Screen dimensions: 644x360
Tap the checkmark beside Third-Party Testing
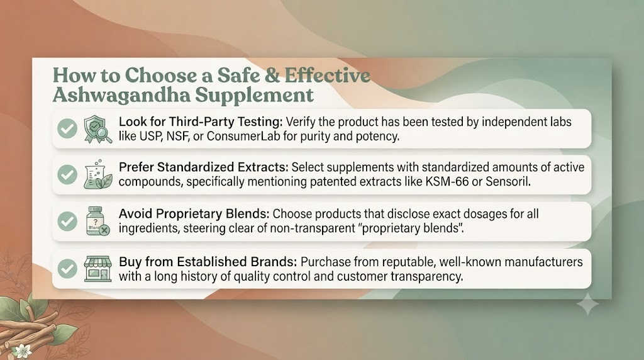[67, 128]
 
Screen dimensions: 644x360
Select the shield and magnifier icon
[97, 129]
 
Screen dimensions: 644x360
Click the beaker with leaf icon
[97, 175]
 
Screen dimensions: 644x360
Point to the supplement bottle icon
[97, 221]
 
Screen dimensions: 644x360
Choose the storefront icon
[97, 269]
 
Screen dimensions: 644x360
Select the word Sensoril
[508, 182]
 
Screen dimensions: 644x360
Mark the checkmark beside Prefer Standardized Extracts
[67, 175]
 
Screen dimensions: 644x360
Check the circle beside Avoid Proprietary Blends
[67, 222]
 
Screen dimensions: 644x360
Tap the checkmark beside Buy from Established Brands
[67, 269]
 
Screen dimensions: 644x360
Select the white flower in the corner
[21, 350]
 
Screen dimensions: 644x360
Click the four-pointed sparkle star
[588, 304]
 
